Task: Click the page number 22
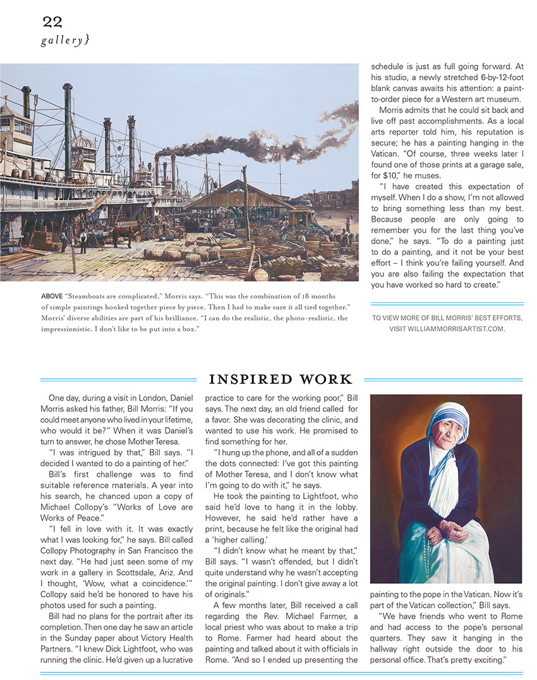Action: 52,22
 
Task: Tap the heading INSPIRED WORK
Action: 280,380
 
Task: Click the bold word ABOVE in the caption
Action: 51,296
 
